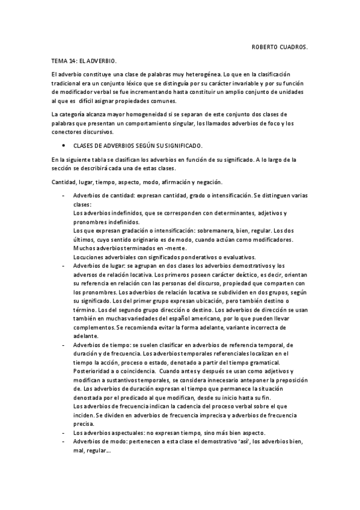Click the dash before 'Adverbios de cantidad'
(63, 196)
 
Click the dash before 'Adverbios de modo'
(63, 442)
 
